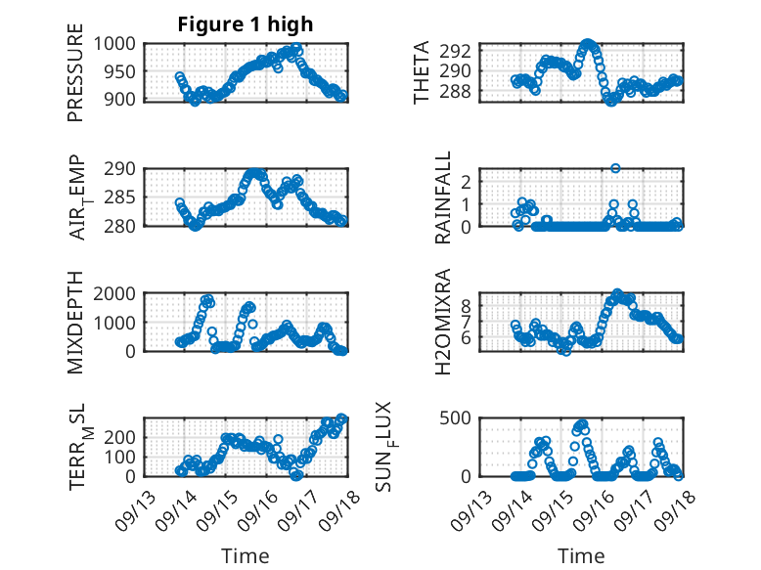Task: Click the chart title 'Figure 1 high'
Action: (246, 24)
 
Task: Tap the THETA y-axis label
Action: (422, 71)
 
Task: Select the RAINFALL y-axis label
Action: (443, 197)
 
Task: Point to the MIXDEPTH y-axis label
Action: (76, 323)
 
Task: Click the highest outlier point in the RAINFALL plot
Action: (615, 168)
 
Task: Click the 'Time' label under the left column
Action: (246, 555)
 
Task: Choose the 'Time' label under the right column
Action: (581, 555)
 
